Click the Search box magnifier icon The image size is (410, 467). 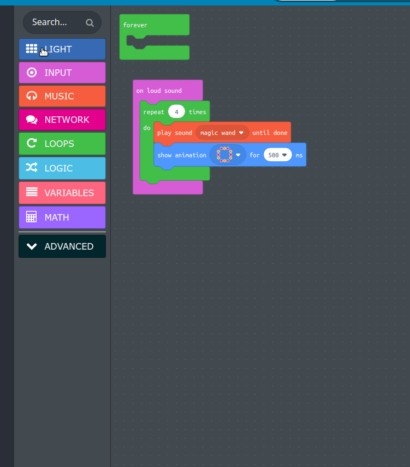click(90, 22)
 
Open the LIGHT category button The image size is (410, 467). click(62, 49)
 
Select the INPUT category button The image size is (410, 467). click(62, 73)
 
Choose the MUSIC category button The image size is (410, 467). click(62, 96)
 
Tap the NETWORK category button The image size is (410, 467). click(62, 120)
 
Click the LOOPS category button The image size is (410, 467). click(62, 144)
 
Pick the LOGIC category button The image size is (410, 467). click(62, 168)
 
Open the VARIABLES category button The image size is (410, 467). click(62, 193)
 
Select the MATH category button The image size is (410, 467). click(62, 217)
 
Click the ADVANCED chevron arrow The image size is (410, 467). click(32, 246)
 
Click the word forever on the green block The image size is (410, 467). click(135, 25)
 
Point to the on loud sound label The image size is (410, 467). click(159, 91)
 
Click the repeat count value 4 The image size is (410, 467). click(176, 112)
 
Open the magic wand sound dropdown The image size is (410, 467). click(222, 133)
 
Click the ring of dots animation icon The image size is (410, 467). click(224, 155)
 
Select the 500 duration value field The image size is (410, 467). click(278, 155)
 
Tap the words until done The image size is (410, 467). click(270, 133)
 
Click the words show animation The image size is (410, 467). click(182, 155)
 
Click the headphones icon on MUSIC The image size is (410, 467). click(32, 96)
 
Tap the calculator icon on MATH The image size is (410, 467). click(31, 217)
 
